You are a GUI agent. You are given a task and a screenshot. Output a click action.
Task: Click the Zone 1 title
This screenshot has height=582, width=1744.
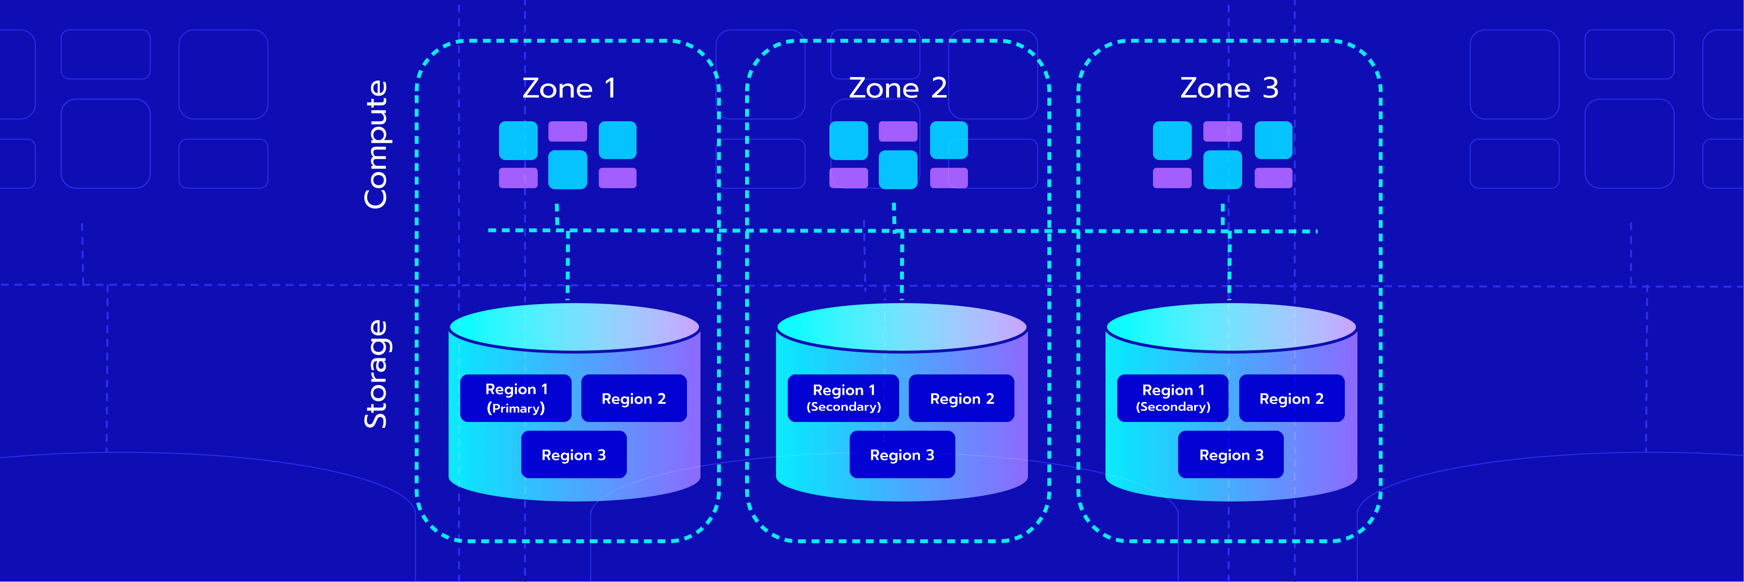coord(569,88)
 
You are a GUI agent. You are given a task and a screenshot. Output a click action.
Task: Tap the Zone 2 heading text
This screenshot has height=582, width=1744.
coord(898,88)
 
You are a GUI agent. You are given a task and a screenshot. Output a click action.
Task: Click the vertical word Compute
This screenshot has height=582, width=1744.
coord(376,145)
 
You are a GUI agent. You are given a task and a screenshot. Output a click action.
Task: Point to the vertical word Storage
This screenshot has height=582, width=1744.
coord(376,374)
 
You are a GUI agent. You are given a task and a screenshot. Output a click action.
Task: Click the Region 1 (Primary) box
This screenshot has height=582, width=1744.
coord(516,398)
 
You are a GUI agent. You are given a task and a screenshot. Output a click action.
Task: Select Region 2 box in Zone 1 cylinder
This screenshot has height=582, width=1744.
coord(634,398)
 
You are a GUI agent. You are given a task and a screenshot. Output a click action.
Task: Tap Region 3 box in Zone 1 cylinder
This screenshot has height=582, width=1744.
coord(574,454)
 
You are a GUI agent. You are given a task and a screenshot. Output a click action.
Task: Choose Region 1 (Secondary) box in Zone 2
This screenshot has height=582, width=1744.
coord(843,398)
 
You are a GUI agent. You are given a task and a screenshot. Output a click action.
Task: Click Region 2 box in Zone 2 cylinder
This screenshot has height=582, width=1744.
coord(961,398)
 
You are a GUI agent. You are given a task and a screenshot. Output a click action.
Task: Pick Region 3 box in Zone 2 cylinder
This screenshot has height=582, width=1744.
coord(902,454)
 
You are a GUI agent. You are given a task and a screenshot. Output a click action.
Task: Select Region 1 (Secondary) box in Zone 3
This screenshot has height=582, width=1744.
coord(1172,398)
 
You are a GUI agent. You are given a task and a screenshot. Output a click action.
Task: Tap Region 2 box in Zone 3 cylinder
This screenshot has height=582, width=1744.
coord(1291,398)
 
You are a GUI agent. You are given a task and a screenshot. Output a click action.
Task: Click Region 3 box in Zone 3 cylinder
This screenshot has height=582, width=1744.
coord(1231,454)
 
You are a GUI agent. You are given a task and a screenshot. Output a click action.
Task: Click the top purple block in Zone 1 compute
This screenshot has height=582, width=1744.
coord(567,131)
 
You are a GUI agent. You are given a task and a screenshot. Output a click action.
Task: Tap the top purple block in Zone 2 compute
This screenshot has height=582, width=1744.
coord(898,131)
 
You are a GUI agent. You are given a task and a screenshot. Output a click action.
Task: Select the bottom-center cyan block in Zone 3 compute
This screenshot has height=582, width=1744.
coord(1222,169)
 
